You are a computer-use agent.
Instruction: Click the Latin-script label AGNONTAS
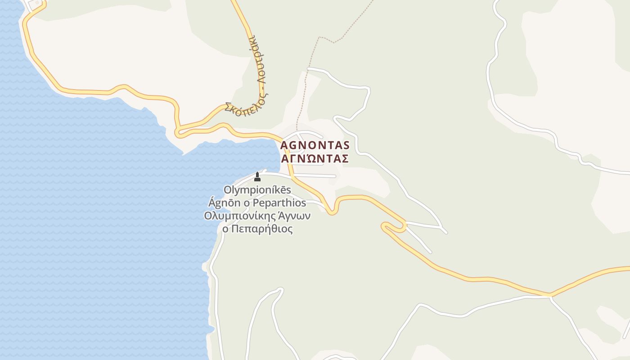pyautogui.click(x=315, y=145)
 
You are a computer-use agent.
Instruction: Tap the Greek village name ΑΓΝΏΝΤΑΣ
pyautogui.click(x=315, y=159)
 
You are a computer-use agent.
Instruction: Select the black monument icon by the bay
pyautogui.click(x=257, y=176)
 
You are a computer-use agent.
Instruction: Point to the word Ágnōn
pyautogui.click(x=224, y=202)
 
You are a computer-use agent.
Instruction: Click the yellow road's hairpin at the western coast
pyautogui.click(x=178, y=132)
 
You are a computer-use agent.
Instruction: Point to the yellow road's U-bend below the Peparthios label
pyautogui.click(x=332, y=211)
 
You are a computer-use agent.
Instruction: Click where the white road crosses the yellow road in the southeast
pyautogui.click(x=550, y=296)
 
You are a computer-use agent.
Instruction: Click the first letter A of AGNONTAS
pyautogui.click(x=284, y=145)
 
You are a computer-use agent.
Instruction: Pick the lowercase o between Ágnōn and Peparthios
pyautogui.click(x=246, y=202)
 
